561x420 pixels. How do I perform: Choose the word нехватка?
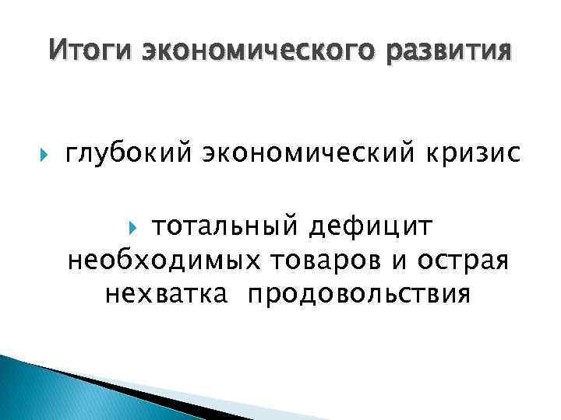click(x=168, y=295)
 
